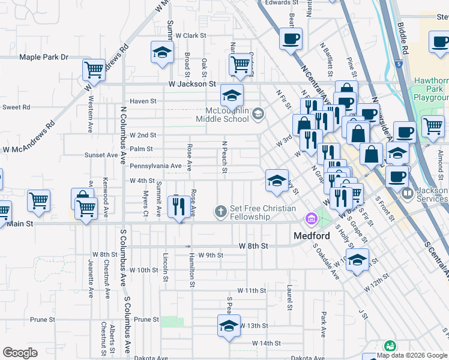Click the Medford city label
pyautogui.click(x=312, y=236)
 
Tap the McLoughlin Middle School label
pyautogui.click(x=222, y=114)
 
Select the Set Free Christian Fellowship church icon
pyautogui.click(x=220, y=211)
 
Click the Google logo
pyautogui.click(x=20, y=353)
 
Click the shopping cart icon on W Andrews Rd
pyautogui.click(x=94, y=70)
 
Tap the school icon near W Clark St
pyautogui.click(x=162, y=52)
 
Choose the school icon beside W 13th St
pyautogui.click(x=229, y=326)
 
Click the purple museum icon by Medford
pyautogui.click(x=311, y=220)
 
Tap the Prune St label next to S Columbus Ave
pyautogui.click(x=147, y=319)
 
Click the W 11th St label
pyautogui.click(x=252, y=290)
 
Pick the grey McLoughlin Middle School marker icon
pyautogui.click(x=258, y=113)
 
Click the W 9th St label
pyautogui.click(x=211, y=255)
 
